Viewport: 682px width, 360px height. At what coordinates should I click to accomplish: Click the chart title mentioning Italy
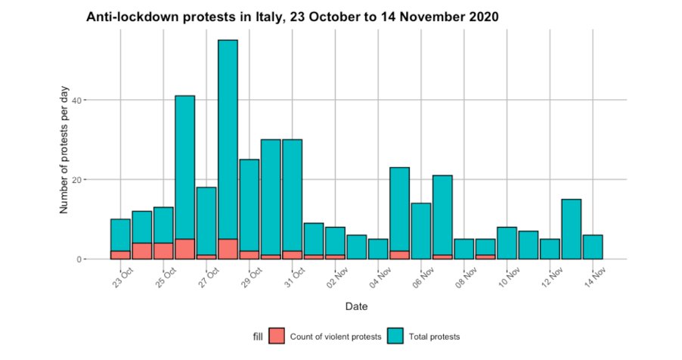click(292, 16)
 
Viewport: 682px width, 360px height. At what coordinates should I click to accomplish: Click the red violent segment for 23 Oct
click(120, 255)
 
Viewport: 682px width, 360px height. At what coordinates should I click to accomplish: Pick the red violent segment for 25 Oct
click(163, 251)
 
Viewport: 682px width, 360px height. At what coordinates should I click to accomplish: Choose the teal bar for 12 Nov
click(550, 249)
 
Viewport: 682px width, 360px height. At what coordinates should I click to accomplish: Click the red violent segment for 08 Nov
click(485, 257)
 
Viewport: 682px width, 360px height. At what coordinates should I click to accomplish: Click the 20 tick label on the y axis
click(97, 179)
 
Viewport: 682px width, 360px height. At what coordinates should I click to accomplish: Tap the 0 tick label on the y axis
click(99, 259)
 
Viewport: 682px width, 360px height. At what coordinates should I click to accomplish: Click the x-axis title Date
click(356, 306)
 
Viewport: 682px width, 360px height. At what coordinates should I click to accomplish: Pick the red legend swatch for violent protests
click(277, 336)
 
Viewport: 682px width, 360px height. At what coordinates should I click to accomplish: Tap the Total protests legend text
click(434, 337)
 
